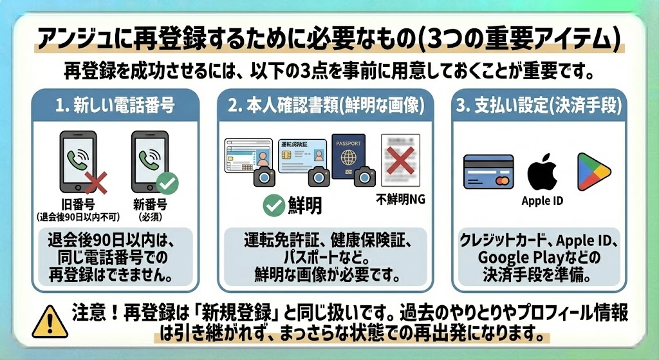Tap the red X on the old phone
click(96, 184)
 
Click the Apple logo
click(542, 171)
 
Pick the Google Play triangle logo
click(593, 171)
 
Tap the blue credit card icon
click(488, 171)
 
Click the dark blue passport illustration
click(348, 158)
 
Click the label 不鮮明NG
click(400, 199)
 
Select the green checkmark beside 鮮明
click(275, 205)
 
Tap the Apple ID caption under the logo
click(542, 201)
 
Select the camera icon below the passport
click(365, 176)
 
